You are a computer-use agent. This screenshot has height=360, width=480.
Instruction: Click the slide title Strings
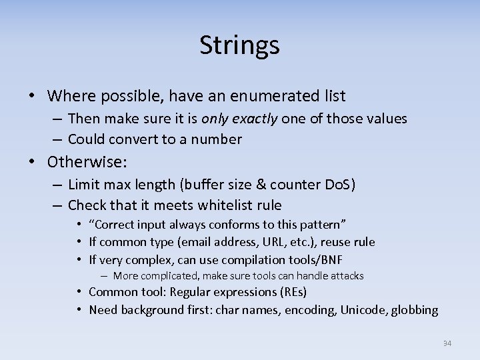[239, 45]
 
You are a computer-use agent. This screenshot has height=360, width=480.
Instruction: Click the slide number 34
[447, 343]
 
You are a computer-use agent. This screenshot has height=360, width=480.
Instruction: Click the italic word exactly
[253, 119]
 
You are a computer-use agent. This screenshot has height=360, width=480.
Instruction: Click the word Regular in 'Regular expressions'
[191, 292]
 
